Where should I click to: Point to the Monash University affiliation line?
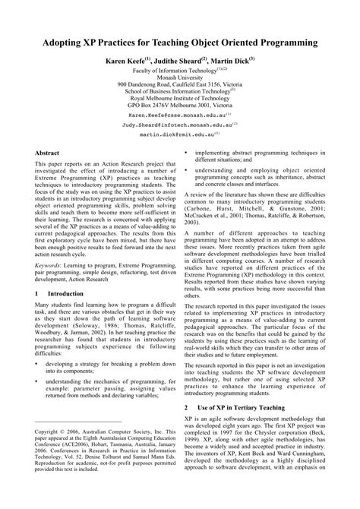[x=181, y=76]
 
